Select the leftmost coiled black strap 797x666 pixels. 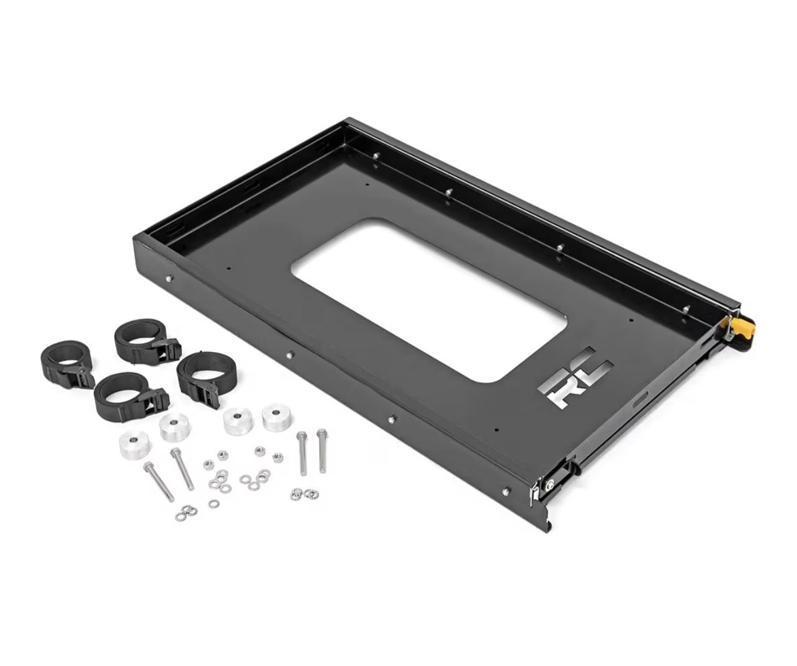coord(67,364)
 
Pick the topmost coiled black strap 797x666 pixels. coord(147,340)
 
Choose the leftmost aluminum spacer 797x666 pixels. coord(134,445)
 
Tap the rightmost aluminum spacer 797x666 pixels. coord(276,418)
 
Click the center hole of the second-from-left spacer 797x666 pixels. coord(174,421)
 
